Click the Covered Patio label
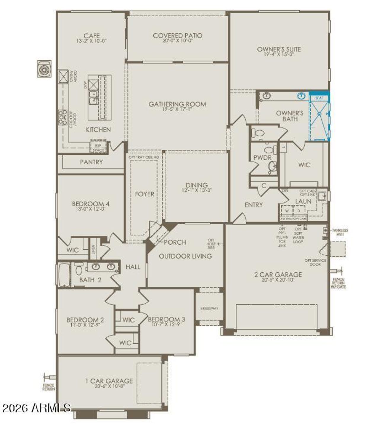click(178, 36)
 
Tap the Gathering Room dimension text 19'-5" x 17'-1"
click(177, 109)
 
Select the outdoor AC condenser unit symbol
click(44, 69)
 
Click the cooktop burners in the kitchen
click(62, 118)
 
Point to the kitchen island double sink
click(94, 97)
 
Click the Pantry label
click(91, 162)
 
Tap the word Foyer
click(144, 194)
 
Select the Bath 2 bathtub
click(64, 275)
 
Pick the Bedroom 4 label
click(91, 204)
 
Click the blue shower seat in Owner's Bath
click(319, 98)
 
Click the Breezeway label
click(209, 309)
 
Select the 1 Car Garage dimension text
click(109, 386)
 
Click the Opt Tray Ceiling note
click(144, 157)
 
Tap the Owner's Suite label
click(279, 49)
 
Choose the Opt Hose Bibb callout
click(211, 244)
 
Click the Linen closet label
click(93, 249)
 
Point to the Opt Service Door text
click(315, 262)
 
